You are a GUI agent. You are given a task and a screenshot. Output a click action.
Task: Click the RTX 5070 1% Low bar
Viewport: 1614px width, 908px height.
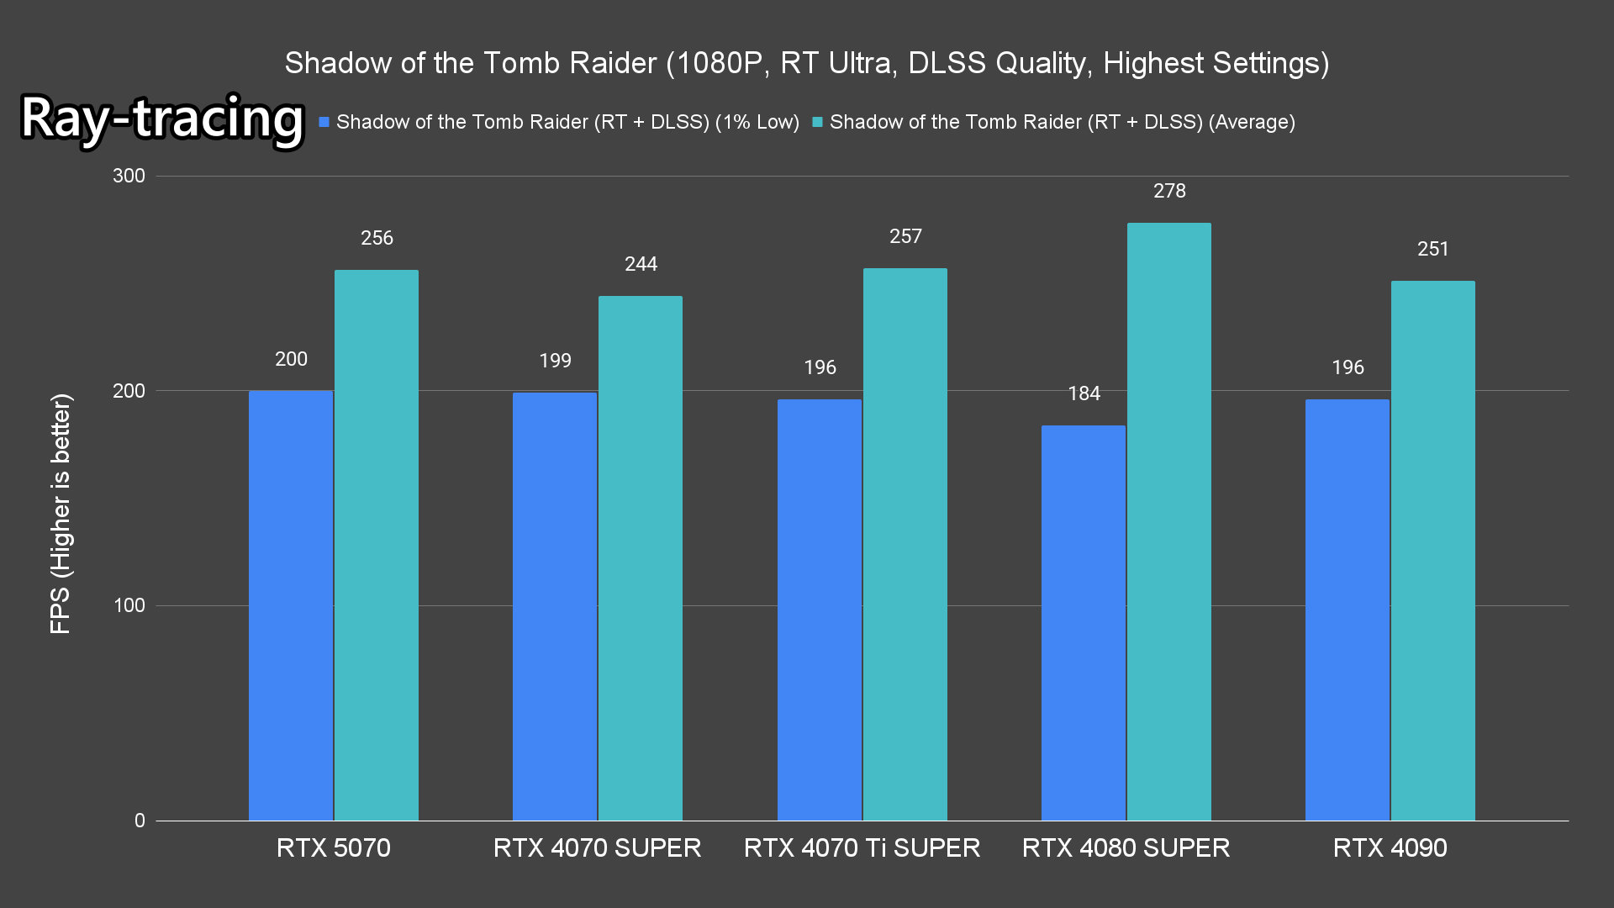[291, 605]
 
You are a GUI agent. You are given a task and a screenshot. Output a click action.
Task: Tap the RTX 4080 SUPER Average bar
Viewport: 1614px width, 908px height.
[1168, 521]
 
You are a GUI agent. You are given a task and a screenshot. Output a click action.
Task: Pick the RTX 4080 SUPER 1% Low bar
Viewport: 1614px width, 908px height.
[1083, 622]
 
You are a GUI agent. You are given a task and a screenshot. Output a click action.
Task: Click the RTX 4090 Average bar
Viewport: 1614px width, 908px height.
[1432, 551]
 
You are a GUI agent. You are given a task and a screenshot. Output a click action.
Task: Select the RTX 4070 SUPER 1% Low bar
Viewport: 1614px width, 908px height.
[555, 606]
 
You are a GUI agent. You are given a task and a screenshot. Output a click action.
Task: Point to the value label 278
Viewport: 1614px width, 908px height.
[1169, 191]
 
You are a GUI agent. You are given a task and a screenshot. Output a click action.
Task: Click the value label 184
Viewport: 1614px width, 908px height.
[1084, 393]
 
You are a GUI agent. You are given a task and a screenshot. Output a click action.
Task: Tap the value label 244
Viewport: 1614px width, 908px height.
[641, 264]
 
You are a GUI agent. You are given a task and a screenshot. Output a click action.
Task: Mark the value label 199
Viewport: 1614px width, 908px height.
[555, 361]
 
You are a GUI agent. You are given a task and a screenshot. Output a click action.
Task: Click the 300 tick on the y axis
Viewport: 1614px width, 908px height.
[129, 176]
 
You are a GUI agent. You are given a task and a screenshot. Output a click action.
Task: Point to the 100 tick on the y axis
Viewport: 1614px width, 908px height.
[129, 605]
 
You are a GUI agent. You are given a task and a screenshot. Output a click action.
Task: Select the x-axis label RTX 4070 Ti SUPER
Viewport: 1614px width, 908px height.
[862, 847]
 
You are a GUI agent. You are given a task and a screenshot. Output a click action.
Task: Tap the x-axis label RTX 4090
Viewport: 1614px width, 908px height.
[1390, 847]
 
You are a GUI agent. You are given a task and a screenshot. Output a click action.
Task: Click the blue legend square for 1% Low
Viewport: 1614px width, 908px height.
[324, 123]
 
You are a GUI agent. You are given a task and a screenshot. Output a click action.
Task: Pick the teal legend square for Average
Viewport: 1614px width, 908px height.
[817, 123]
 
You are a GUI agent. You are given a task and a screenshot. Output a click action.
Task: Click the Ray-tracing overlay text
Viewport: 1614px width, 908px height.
[161, 118]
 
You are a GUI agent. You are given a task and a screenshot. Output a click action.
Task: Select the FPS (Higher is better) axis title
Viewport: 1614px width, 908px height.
[61, 513]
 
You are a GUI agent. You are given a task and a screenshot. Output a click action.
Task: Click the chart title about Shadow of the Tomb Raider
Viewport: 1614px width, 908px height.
[806, 63]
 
